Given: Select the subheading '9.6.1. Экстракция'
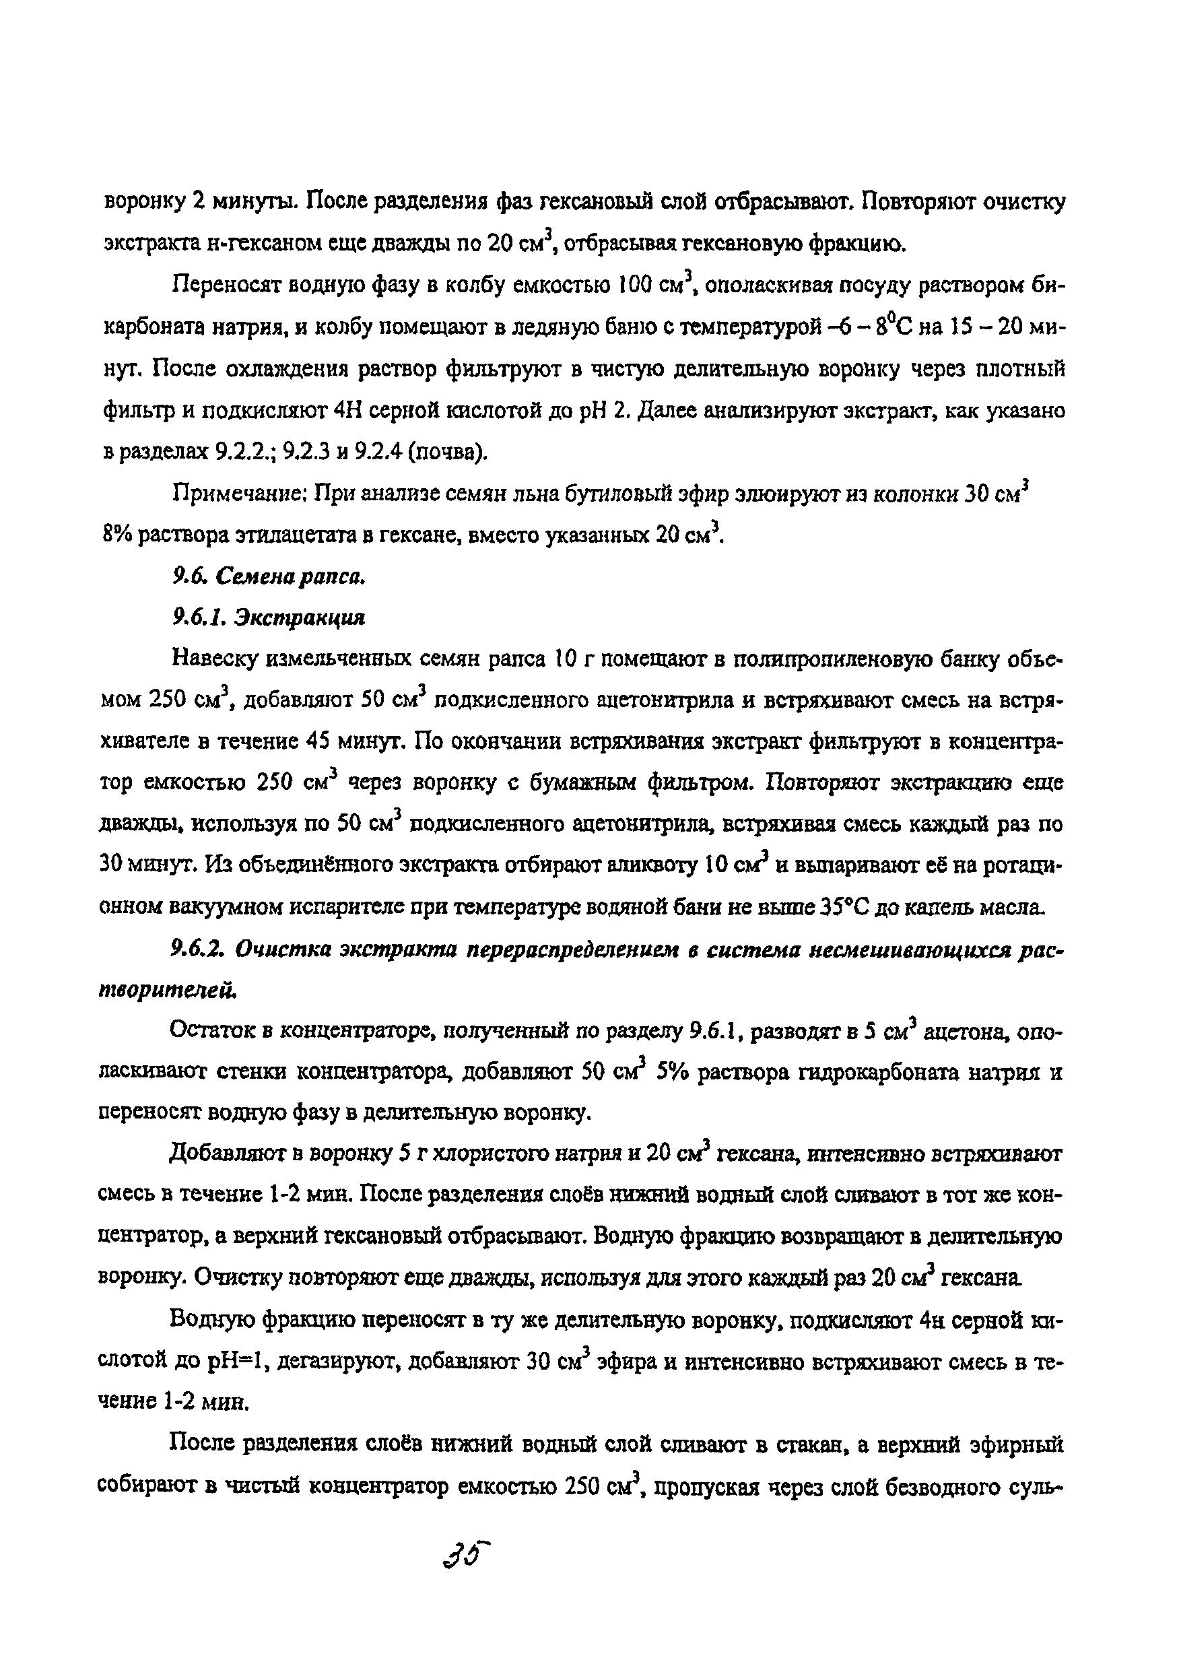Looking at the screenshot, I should coord(267,617).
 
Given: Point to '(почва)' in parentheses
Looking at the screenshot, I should coord(448,453).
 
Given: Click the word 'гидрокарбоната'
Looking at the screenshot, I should coord(877,1072).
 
